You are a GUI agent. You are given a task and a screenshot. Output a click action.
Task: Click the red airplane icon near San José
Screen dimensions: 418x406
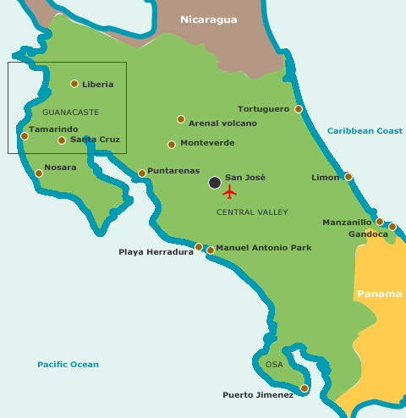coord(229,192)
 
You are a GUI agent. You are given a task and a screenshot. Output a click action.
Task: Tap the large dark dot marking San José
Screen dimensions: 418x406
coord(215,182)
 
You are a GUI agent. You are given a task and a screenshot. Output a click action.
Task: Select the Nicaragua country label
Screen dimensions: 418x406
coord(209,19)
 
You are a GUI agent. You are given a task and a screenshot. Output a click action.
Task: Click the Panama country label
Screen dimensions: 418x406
coord(379,294)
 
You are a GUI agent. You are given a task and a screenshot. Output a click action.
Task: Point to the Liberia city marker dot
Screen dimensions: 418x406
coord(74,84)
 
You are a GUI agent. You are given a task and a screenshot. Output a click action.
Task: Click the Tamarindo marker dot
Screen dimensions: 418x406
coord(25,136)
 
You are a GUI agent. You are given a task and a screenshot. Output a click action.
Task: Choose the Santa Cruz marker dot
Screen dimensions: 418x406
coord(62,140)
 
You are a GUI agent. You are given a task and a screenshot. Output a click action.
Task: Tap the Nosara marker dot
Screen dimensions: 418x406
coord(39,173)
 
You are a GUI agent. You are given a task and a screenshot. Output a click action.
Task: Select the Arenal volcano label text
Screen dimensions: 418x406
coord(222,124)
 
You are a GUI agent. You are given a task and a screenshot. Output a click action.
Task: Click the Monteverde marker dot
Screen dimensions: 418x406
coord(172,145)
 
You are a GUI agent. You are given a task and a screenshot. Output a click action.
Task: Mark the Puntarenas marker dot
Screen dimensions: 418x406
coord(142,173)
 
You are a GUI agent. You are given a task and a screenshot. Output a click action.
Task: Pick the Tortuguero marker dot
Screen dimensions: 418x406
coord(299,109)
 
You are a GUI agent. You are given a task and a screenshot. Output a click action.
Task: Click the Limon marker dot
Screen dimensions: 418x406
coord(348,177)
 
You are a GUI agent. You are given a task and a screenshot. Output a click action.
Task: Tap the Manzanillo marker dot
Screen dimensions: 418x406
coord(380,222)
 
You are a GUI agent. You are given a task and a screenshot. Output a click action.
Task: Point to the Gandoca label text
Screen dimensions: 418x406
coord(368,234)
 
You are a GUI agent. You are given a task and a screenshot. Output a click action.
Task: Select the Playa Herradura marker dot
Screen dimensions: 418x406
coord(199,247)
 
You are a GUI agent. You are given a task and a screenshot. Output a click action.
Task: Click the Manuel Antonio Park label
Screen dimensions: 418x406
coord(264,248)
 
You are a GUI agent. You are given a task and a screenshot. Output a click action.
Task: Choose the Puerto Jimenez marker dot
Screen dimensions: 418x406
coord(304,388)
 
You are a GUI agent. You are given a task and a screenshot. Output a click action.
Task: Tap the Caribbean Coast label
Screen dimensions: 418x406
coord(365,131)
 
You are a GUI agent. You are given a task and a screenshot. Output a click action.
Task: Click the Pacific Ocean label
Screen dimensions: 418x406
coord(68,365)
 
